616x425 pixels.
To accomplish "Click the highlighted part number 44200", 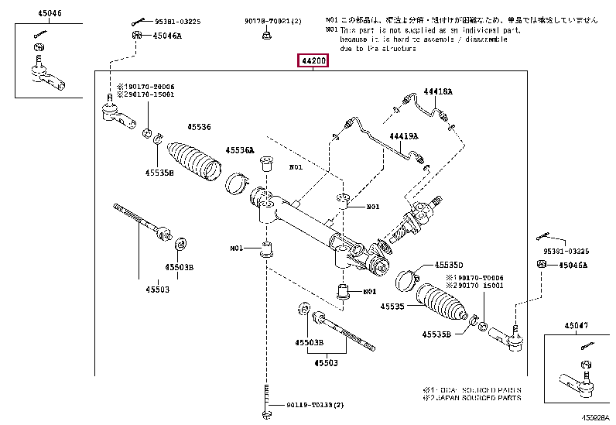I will click(313, 60).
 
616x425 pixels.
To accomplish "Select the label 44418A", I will click(437, 91).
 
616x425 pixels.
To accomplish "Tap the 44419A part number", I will click(403, 137).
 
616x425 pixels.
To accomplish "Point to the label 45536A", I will click(240, 150).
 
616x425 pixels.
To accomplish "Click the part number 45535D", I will click(447, 264).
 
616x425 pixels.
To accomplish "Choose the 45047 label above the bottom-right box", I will click(576, 326).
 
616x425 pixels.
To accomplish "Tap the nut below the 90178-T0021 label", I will click(265, 34).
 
